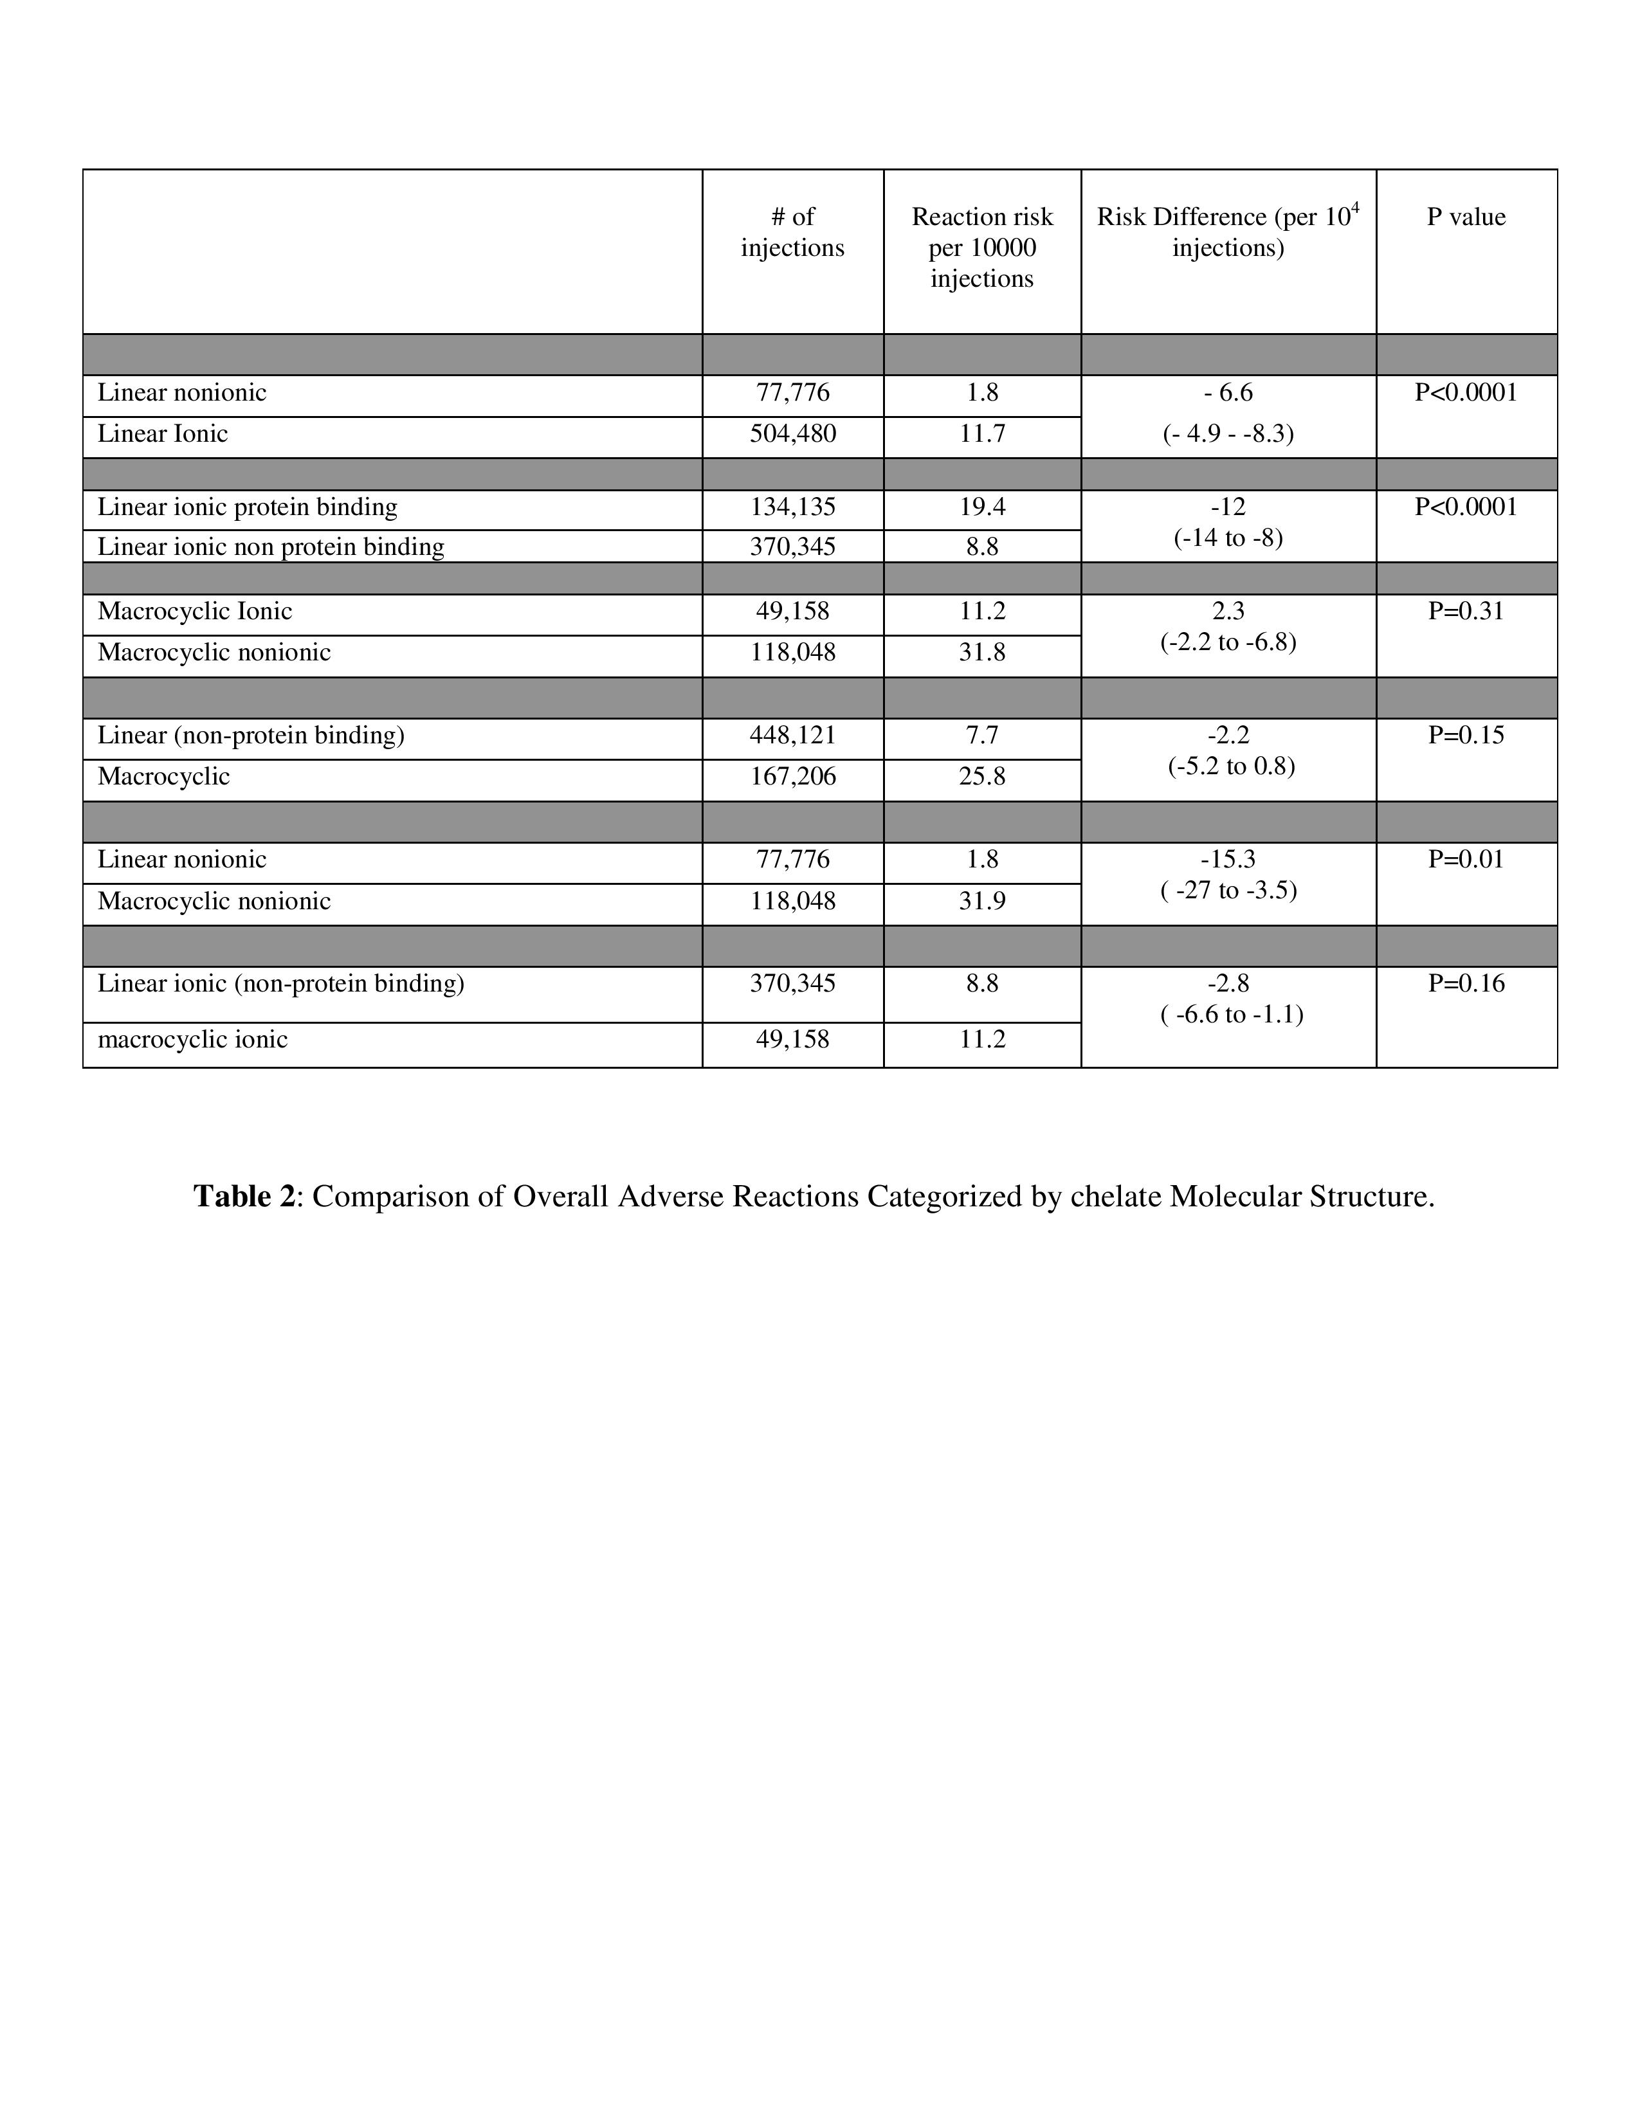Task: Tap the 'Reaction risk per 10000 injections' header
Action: (981, 248)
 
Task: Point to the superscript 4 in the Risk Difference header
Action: (1355, 207)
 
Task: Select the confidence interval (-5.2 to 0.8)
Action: (1231, 766)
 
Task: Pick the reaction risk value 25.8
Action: (981, 776)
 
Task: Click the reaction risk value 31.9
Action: (981, 901)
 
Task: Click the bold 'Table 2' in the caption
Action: (244, 1196)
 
